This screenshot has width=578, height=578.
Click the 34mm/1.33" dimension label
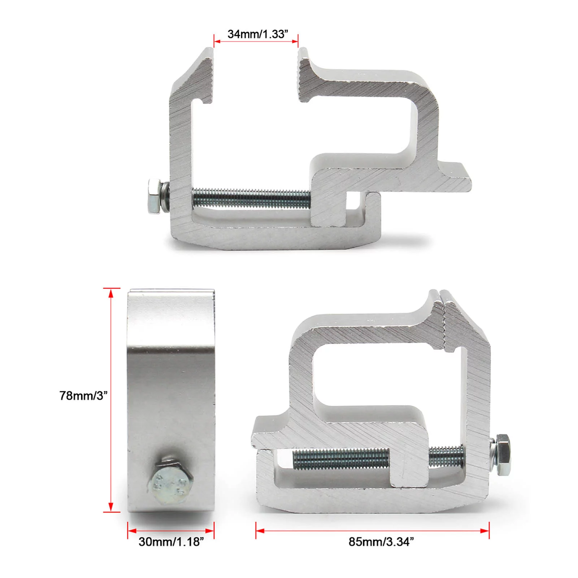(258, 34)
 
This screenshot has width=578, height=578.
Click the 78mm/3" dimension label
(83, 396)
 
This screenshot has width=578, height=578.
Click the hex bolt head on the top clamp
(155, 197)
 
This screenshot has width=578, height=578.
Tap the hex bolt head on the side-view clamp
(170, 482)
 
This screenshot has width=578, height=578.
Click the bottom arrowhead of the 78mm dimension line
(111, 507)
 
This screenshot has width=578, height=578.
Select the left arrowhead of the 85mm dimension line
(260, 531)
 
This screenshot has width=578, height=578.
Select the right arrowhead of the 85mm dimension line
(485, 531)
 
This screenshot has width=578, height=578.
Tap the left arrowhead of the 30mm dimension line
(132, 531)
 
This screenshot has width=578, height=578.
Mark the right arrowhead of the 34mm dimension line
(294, 42)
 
